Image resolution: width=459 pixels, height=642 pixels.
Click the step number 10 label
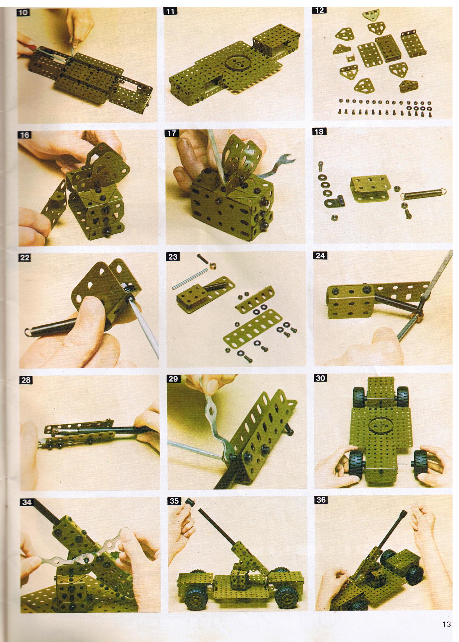coord(24,13)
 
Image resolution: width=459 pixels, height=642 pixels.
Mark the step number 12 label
coord(319,11)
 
